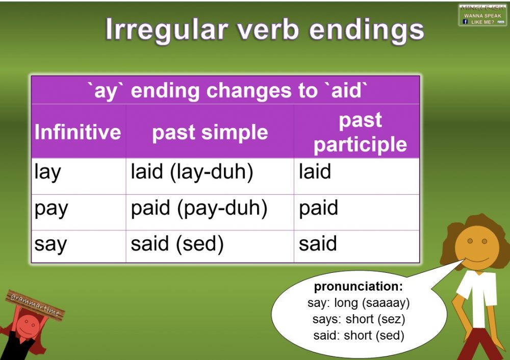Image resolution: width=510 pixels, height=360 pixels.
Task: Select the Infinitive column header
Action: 78,132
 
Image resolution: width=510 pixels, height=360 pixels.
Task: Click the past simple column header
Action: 210,132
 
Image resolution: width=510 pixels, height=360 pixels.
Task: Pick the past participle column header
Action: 360,133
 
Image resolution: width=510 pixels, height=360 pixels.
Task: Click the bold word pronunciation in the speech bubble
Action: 358,287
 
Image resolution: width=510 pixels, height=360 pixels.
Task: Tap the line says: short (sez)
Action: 358,320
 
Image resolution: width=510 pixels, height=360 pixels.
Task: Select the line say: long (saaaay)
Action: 359,303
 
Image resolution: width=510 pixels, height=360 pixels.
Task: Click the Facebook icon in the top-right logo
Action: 465,22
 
